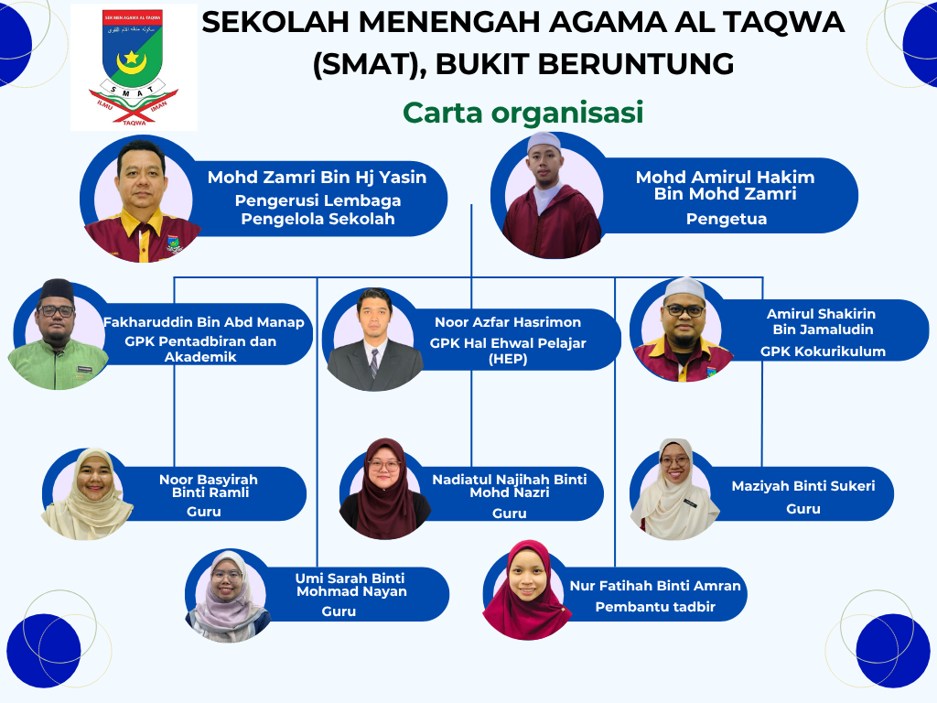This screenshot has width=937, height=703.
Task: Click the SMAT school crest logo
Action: point(134,67)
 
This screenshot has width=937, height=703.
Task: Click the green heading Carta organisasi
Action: point(522,113)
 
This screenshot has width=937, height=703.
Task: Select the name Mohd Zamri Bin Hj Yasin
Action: point(317,177)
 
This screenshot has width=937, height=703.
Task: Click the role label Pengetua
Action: point(726,219)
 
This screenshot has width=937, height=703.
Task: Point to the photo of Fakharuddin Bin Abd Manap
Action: point(58,335)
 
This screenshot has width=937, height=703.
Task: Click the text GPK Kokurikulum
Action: point(823,351)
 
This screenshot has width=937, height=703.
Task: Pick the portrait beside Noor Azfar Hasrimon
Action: point(373,340)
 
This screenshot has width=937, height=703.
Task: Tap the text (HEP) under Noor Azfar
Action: point(508,359)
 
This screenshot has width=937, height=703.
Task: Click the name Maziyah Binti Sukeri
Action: point(803,486)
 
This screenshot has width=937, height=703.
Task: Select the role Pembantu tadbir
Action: point(655,607)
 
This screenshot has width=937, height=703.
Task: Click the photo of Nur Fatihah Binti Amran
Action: point(527,589)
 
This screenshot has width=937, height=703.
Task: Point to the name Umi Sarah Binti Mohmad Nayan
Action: point(351,585)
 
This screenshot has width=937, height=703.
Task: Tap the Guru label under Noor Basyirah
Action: point(204,512)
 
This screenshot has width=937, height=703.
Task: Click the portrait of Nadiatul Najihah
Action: point(385,489)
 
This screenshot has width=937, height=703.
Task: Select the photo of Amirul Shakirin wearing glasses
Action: point(684,330)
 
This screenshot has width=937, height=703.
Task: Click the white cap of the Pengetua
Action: point(544,142)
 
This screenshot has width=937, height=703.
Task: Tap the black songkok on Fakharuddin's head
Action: point(57,291)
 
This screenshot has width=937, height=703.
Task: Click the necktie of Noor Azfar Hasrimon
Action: point(373,363)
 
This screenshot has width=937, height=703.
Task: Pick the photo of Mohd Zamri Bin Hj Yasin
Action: point(142,201)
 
